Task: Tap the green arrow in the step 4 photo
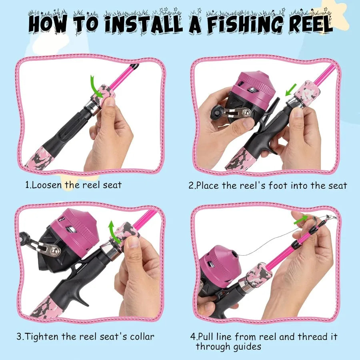tap(301, 219)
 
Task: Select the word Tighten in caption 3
tap(44, 337)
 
